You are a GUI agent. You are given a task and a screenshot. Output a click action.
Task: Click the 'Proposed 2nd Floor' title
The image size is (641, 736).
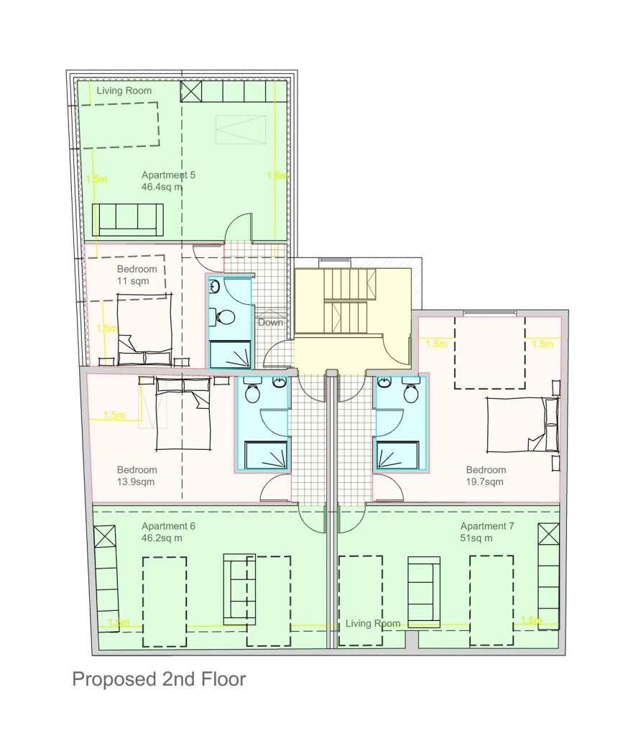click(x=159, y=679)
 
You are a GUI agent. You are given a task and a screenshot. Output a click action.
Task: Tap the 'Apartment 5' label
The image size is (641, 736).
click(x=168, y=175)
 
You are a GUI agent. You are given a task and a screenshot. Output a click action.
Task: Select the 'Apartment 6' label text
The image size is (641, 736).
click(x=168, y=526)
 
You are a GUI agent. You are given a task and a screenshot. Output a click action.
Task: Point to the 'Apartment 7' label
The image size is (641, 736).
click(x=487, y=526)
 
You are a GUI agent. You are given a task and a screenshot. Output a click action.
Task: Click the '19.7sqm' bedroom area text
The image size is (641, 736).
click(x=485, y=482)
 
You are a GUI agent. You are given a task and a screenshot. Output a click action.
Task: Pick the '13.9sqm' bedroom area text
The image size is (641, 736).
click(x=136, y=482)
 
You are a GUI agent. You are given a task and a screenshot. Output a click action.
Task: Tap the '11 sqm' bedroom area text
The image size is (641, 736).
click(x=133, y=281)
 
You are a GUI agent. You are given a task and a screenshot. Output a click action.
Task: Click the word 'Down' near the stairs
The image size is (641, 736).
click(x=270, y=322)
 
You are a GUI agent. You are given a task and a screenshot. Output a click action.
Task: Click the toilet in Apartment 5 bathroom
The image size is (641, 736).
click(x=223, y=316)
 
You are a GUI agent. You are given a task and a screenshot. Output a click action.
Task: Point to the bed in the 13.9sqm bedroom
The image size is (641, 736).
click(x=181, y=414)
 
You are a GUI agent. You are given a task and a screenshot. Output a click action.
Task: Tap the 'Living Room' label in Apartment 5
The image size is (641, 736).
click(x=124, y=91)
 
